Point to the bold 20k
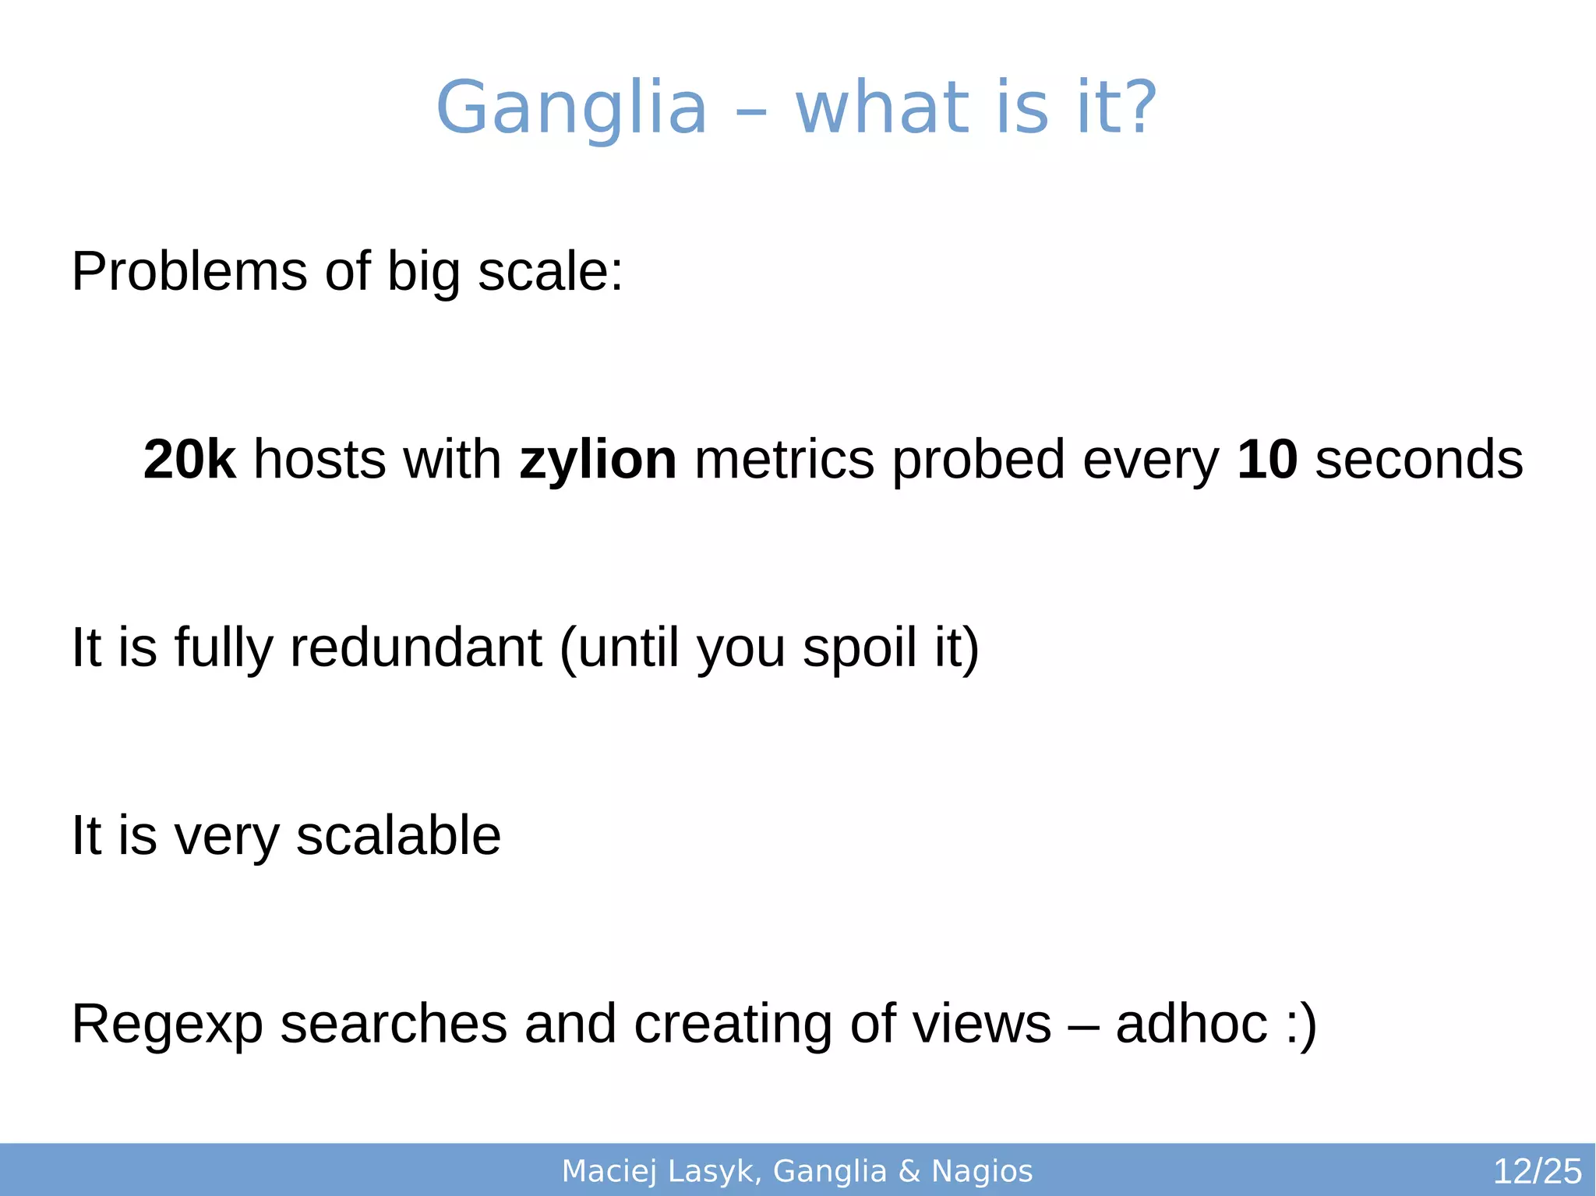189,459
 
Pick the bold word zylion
598,459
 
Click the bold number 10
1266,459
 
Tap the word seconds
1418,459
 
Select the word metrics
784,459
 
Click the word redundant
415,647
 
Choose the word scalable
398,835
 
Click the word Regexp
167,1024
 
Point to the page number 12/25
1537,1171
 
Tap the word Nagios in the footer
982,1171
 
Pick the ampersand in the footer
909,1171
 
